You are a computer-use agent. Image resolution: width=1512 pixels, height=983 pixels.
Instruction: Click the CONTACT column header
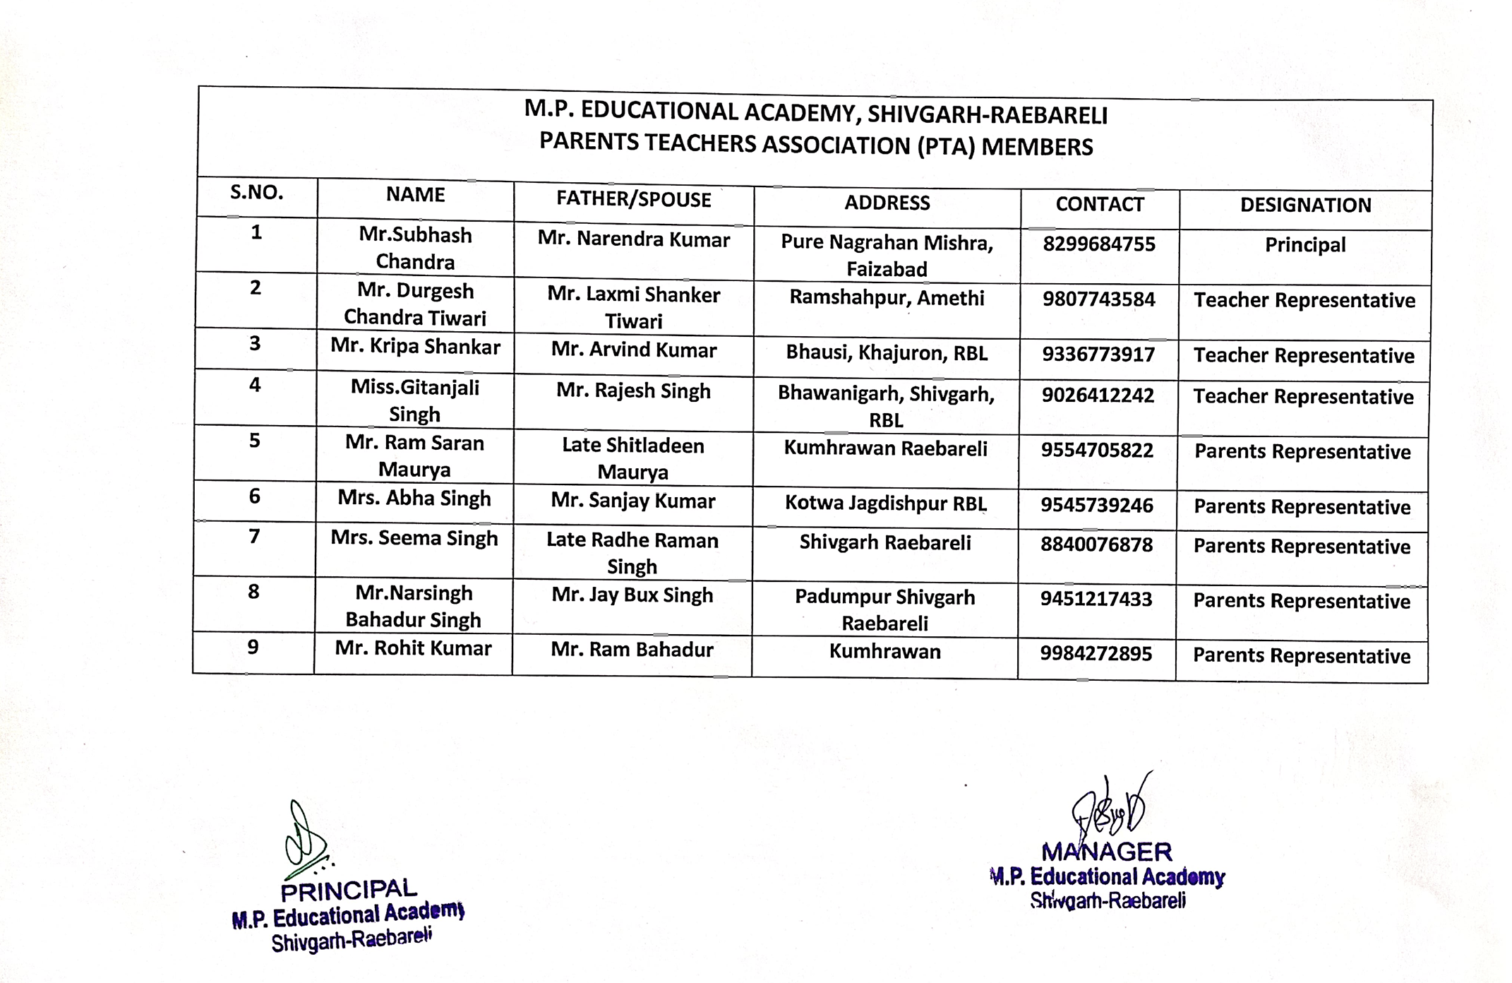tap(1099, 204)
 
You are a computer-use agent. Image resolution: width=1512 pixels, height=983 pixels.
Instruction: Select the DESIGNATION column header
tap(1305, 205)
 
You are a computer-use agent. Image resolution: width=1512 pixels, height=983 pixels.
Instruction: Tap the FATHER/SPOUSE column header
tap(633, 200)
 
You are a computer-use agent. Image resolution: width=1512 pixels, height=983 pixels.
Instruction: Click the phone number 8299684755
tap(1099, 244)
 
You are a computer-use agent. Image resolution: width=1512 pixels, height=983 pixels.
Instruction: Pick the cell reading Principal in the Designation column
tap(1305, 245)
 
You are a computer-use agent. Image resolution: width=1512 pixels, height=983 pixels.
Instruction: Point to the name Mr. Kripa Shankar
tap(415, 347)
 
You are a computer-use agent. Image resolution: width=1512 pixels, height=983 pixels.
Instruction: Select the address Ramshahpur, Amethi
tap(887, 298)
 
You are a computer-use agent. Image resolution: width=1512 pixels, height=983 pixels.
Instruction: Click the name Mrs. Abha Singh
tap(414, 499)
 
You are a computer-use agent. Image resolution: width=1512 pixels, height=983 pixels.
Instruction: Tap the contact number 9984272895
tap(1096, 654)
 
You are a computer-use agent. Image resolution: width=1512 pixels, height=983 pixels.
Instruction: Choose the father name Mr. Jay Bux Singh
tap(632, 595)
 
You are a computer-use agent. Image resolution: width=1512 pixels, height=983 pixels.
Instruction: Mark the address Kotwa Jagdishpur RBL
tap(886, 504)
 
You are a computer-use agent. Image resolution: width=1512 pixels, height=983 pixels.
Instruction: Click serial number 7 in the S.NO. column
tap(254, 537)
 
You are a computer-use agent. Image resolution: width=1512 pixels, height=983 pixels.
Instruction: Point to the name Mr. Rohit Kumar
tap(413, 648)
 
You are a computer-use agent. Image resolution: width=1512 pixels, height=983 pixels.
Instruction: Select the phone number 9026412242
tap(1098, 395)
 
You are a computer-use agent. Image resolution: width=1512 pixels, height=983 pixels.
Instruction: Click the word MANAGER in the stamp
tap(1106, 852)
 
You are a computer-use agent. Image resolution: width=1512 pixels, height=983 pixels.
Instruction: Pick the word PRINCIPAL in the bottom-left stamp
tap(349, 890)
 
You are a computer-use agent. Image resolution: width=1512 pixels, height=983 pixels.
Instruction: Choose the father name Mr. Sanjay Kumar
tap(632, 501)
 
